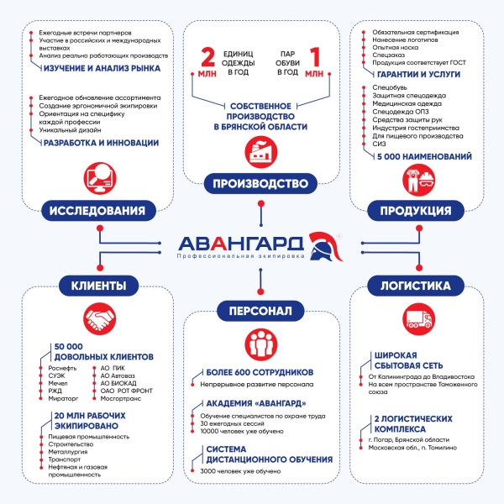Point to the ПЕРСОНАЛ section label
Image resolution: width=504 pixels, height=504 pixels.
click(254, 312)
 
